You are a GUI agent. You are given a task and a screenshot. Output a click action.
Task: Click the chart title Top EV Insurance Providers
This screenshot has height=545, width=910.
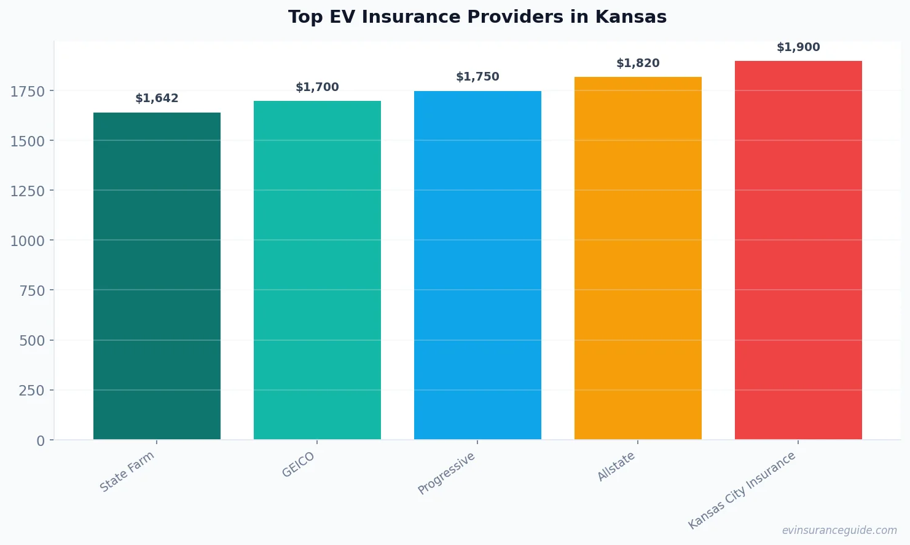(x=477, y=17)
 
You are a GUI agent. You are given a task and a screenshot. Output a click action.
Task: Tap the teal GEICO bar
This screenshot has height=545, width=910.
(x=317, y=270)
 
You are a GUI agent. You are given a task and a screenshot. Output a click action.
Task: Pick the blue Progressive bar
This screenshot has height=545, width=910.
(x=477, y=265)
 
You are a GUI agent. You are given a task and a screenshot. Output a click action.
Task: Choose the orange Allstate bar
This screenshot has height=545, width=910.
(x=638, y=258)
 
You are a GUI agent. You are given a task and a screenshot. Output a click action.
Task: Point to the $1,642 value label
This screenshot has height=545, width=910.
(x=157, y=98)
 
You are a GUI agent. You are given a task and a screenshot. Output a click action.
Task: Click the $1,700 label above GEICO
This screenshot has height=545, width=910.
(x=317, y=87)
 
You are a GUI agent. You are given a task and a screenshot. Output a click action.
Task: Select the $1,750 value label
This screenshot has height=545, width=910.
(x=477, y=77)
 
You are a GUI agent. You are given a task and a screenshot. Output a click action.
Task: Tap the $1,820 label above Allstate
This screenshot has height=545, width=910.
(x=638, y=63)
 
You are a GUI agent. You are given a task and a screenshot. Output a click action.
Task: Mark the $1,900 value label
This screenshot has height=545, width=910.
(x=798, y=47)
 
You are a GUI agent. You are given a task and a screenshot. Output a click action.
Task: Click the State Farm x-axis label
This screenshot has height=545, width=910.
(x=127, y=472)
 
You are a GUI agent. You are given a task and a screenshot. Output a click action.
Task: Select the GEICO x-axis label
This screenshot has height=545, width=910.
(x=299, y=465)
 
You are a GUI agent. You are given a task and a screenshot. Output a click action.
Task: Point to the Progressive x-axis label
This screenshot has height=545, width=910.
(x=447, y=473)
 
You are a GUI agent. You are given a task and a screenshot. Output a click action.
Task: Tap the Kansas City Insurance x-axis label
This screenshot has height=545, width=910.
(x=742, y=490)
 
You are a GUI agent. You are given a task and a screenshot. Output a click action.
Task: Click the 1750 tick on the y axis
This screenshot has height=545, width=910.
(x=28, y=92)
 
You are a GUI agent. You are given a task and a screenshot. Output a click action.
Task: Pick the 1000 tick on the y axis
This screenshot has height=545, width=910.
(x=28, y=241)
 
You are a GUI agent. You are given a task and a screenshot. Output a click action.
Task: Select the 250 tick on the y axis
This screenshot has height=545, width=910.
(x=31, y=391)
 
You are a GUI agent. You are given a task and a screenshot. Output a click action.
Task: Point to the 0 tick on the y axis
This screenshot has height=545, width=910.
(x=41, y=440)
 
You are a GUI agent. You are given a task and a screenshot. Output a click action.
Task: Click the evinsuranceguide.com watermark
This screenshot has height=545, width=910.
(x=839, y=530)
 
